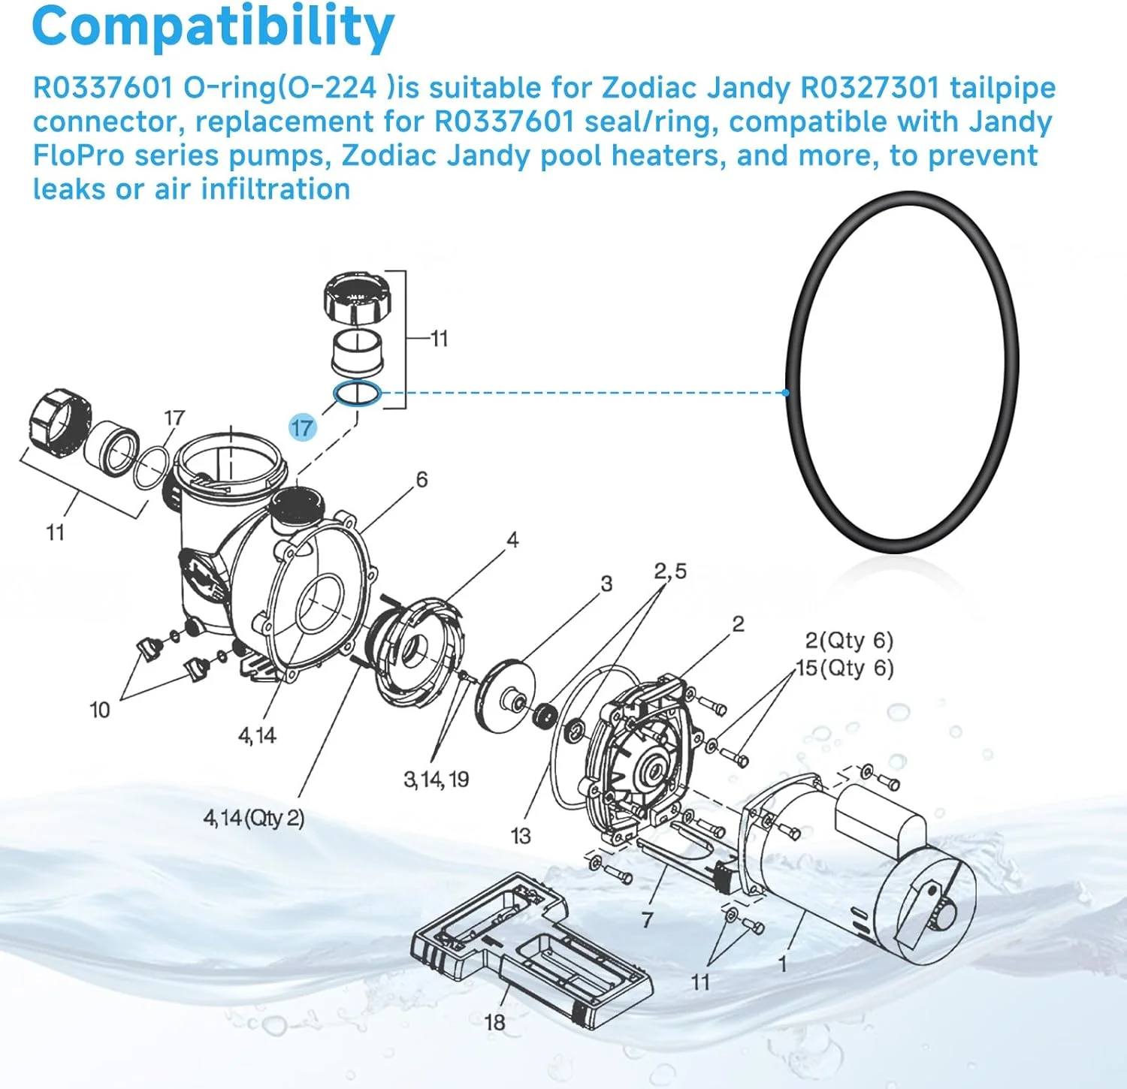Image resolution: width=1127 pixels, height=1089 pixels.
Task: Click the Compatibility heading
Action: [x=213, y=26]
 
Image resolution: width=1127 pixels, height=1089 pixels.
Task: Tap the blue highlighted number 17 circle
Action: [x=302, y=428]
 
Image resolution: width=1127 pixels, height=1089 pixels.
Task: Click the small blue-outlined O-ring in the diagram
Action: [x=358, y=394]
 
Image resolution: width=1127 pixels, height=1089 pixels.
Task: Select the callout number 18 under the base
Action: [x=494, y=1022]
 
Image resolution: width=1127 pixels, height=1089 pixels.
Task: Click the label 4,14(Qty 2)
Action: [x=254, y=818]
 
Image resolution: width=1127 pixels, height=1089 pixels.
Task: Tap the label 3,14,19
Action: [x=436, y=780]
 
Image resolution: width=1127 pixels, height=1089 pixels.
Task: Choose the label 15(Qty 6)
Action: [x=846, y=668]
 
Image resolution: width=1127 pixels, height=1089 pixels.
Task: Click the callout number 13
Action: [x=520, y=835]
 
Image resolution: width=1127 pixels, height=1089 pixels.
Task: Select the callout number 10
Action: [x=99, y=710]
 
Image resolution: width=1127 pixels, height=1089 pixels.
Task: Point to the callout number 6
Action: [x=421, y=479]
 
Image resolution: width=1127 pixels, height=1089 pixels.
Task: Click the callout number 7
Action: [x=647, y=919]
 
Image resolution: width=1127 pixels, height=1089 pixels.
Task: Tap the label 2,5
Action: [x=669, y=572]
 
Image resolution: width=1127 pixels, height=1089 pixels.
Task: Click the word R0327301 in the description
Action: [x=870, y=88]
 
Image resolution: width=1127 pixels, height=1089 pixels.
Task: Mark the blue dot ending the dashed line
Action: [x=785, y=393]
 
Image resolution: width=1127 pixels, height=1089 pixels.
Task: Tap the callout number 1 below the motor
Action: [x=782, y=964]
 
